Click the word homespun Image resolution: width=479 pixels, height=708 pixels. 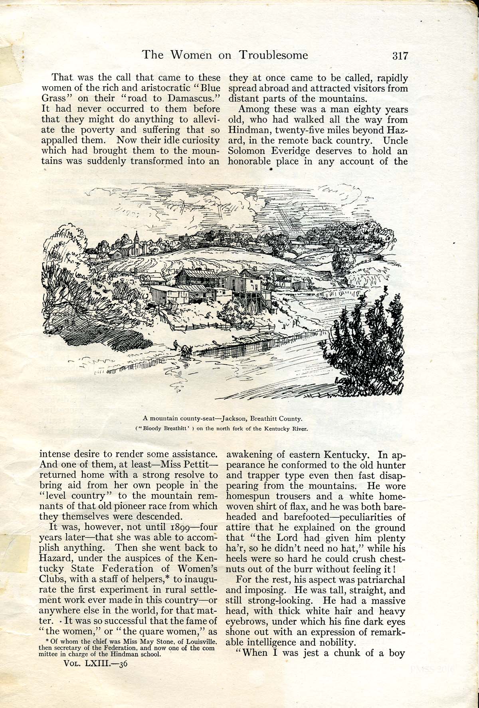click(248, 497)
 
